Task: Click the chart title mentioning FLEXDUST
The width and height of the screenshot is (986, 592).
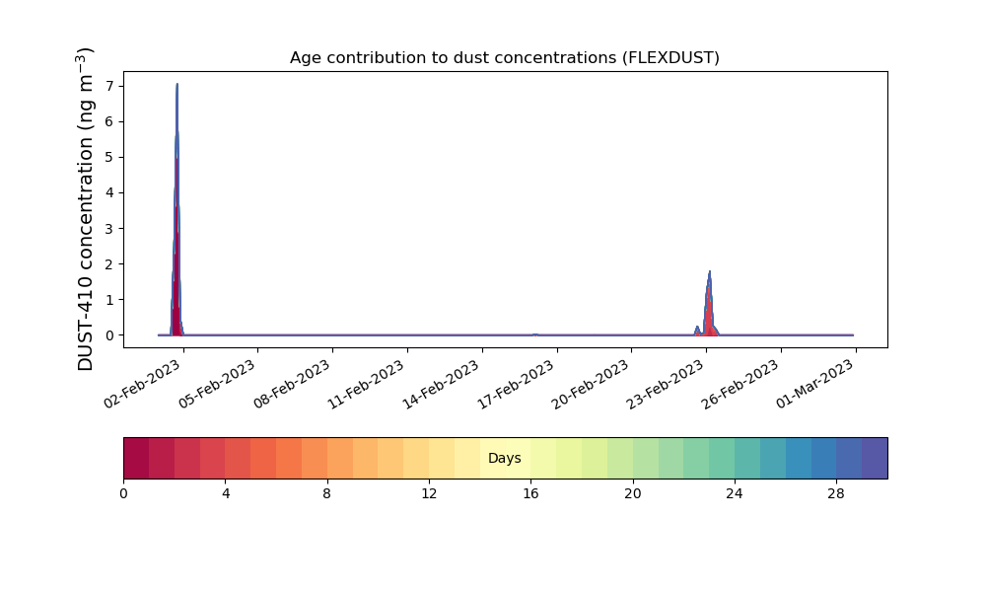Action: [x=504, y=58]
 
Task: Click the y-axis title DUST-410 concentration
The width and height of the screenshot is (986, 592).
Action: [x=86, y=209]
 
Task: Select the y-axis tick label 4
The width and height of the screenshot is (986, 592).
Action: [x=110, y=192]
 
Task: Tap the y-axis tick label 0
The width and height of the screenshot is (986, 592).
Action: [x=110, y=335]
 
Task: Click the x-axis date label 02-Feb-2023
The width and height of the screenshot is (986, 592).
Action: [x=142, y=385]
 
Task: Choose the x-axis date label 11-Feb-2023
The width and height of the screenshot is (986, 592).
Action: [x=366, y=385]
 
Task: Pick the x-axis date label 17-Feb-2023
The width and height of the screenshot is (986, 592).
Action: [x=516, y=385]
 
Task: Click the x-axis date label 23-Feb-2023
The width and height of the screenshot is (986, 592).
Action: [x=666, y=385]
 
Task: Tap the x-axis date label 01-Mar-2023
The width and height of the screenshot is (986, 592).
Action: [x=815, y=385]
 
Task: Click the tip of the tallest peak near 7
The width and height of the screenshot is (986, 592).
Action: [x=177, y=84]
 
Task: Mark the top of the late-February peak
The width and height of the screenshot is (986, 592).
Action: [x=709, y=271]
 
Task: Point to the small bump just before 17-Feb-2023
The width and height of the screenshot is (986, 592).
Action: [x=535, y=334]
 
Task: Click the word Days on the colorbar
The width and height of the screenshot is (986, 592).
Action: [x=504, y=458]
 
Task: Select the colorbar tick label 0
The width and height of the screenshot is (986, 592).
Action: [x=123, y=494]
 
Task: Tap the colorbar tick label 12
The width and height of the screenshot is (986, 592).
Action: [x=429, y=494]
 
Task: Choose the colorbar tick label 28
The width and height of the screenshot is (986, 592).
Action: [x=836, y=494]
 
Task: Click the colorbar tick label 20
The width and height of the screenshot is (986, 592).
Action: [x=633, y=494]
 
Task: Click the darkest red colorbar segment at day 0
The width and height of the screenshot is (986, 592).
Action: [x=136, y=458]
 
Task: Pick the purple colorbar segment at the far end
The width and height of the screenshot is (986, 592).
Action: [x=875, y=458]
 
